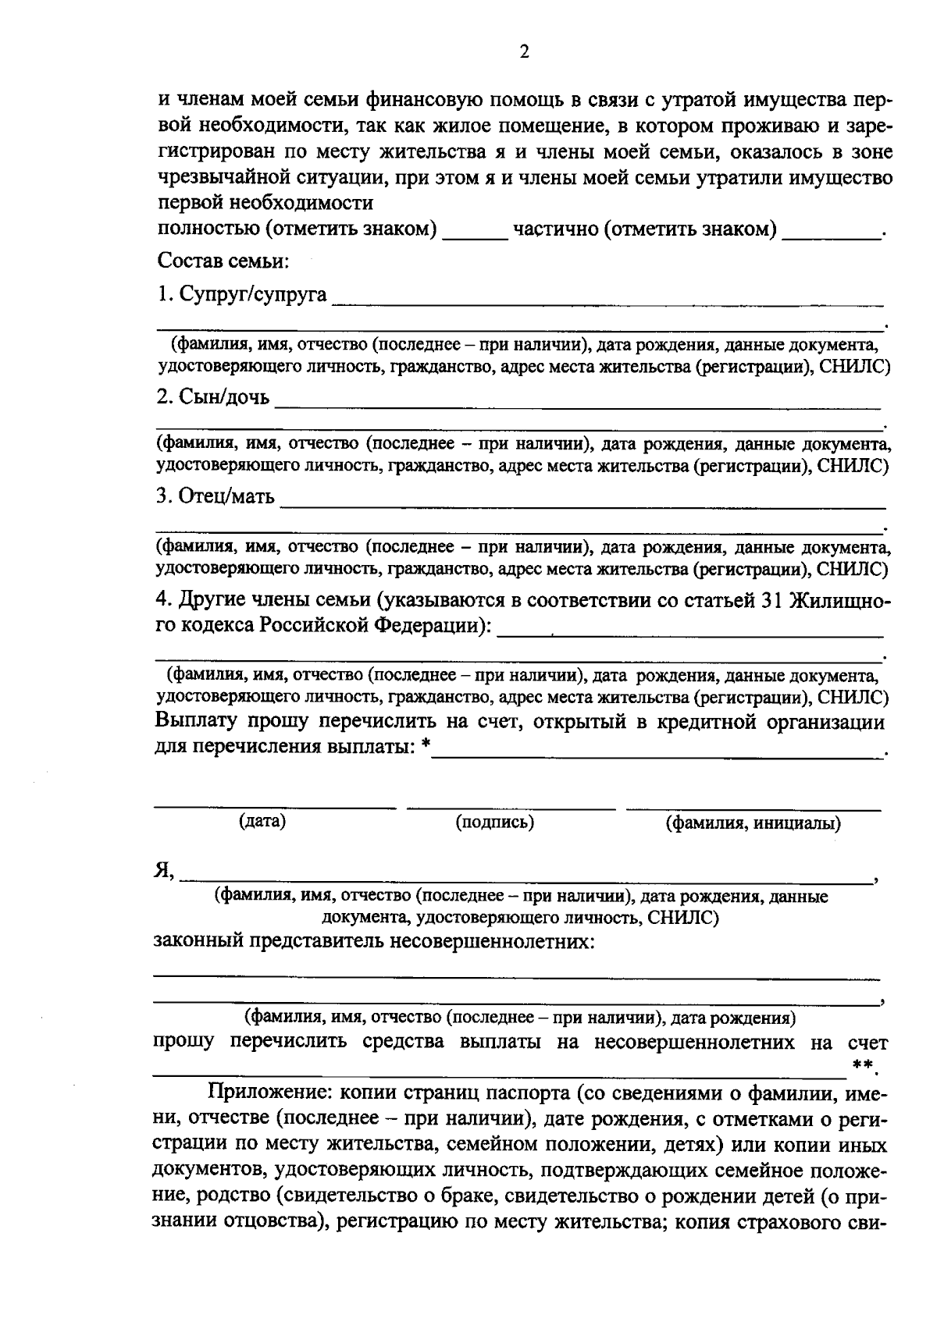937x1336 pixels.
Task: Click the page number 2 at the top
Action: (x=524, y=52)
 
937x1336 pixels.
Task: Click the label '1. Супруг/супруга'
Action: (x=241, y=295)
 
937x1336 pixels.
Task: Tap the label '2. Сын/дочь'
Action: (x=212, y=397)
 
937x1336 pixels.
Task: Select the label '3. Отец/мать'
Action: (x=216, y=496)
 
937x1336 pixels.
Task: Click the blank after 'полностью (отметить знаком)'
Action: (x=474, y=232)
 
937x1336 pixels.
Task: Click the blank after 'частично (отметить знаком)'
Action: (x=830, y=232)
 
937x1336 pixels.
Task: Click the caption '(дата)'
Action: (x=262, y=821)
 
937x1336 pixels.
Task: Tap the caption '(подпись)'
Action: (x=494, y=822)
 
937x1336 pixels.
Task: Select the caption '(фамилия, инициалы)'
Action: (x=753, y=823)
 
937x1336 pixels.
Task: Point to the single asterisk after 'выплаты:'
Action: (x=425, y=748)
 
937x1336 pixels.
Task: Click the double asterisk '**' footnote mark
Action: (x=860, y=1065)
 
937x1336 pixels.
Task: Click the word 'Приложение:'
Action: (x=261, y=1094)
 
